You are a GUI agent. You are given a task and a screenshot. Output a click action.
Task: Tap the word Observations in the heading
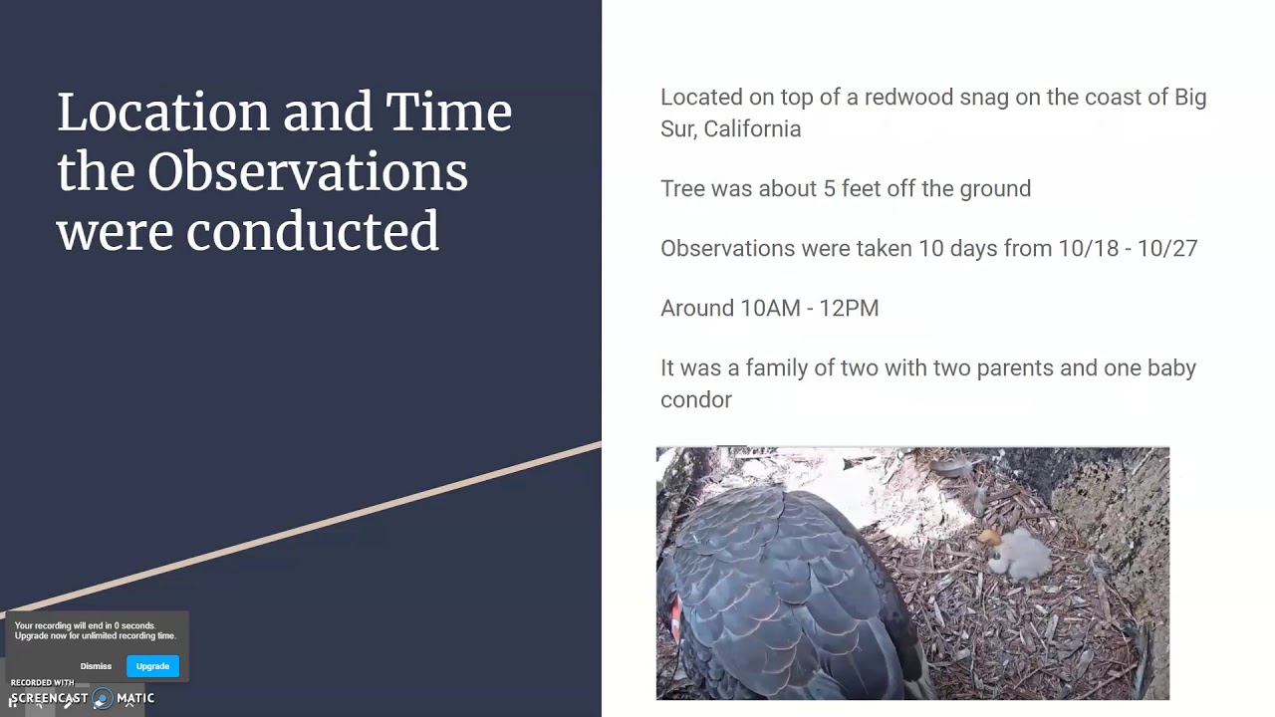pos(307,172)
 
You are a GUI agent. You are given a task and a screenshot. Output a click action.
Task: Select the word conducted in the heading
pos(312,231)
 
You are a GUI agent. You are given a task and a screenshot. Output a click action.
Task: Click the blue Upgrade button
pos(152,666)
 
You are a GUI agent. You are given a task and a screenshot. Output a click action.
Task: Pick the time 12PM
pos(849,309)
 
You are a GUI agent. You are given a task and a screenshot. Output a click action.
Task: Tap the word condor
pos(695,400)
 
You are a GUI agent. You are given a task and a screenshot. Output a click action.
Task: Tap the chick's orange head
pos(991,539)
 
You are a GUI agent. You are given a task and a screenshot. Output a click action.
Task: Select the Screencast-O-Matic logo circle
pos(102,698)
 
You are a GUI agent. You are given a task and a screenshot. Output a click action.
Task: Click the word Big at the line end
pos(1189,98)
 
